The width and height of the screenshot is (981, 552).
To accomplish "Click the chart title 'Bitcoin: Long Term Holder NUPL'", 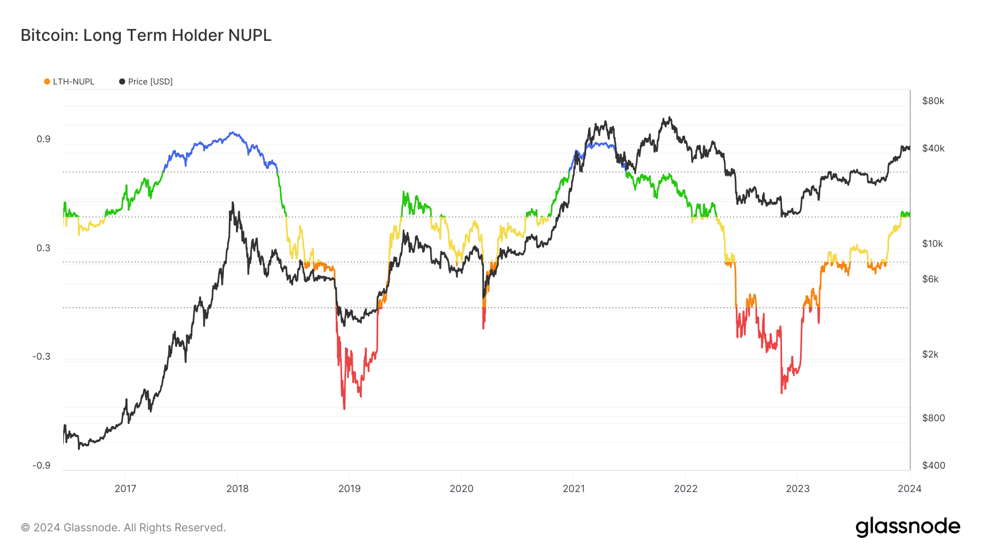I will click(146, 35).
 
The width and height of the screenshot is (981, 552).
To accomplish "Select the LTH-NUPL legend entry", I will click(69, 82).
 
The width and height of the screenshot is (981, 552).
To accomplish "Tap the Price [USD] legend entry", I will click(146, 82).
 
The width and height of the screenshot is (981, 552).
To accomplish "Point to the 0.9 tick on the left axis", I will click(44, 139).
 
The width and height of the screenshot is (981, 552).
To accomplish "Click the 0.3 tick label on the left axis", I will click(44, 248).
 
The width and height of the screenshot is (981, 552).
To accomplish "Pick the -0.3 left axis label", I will click(41, 356).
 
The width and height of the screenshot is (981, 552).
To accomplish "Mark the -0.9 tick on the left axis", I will click(41, 465).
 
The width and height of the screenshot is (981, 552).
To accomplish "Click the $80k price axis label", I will click(933, 101).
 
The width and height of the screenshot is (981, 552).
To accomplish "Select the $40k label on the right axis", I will click(933, 148).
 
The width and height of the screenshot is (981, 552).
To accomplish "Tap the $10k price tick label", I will click(932, 244).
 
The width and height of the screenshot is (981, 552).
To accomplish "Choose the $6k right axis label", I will click(930, 279).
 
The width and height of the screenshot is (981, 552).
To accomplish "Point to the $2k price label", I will click(930, 354).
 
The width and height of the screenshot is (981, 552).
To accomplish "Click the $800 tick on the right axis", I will click(934, 418).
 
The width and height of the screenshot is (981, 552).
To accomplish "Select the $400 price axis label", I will click(934, 465).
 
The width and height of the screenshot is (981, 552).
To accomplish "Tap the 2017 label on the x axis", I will click(125, 489).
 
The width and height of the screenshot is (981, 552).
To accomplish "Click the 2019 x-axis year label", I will click(349, 489).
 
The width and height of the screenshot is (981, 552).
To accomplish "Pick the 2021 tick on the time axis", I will click(573, 489).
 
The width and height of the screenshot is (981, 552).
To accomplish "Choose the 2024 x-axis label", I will click(910, 489).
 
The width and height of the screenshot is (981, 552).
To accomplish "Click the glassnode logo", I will click(907, 527).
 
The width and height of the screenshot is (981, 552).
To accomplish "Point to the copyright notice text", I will click(123, 527).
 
